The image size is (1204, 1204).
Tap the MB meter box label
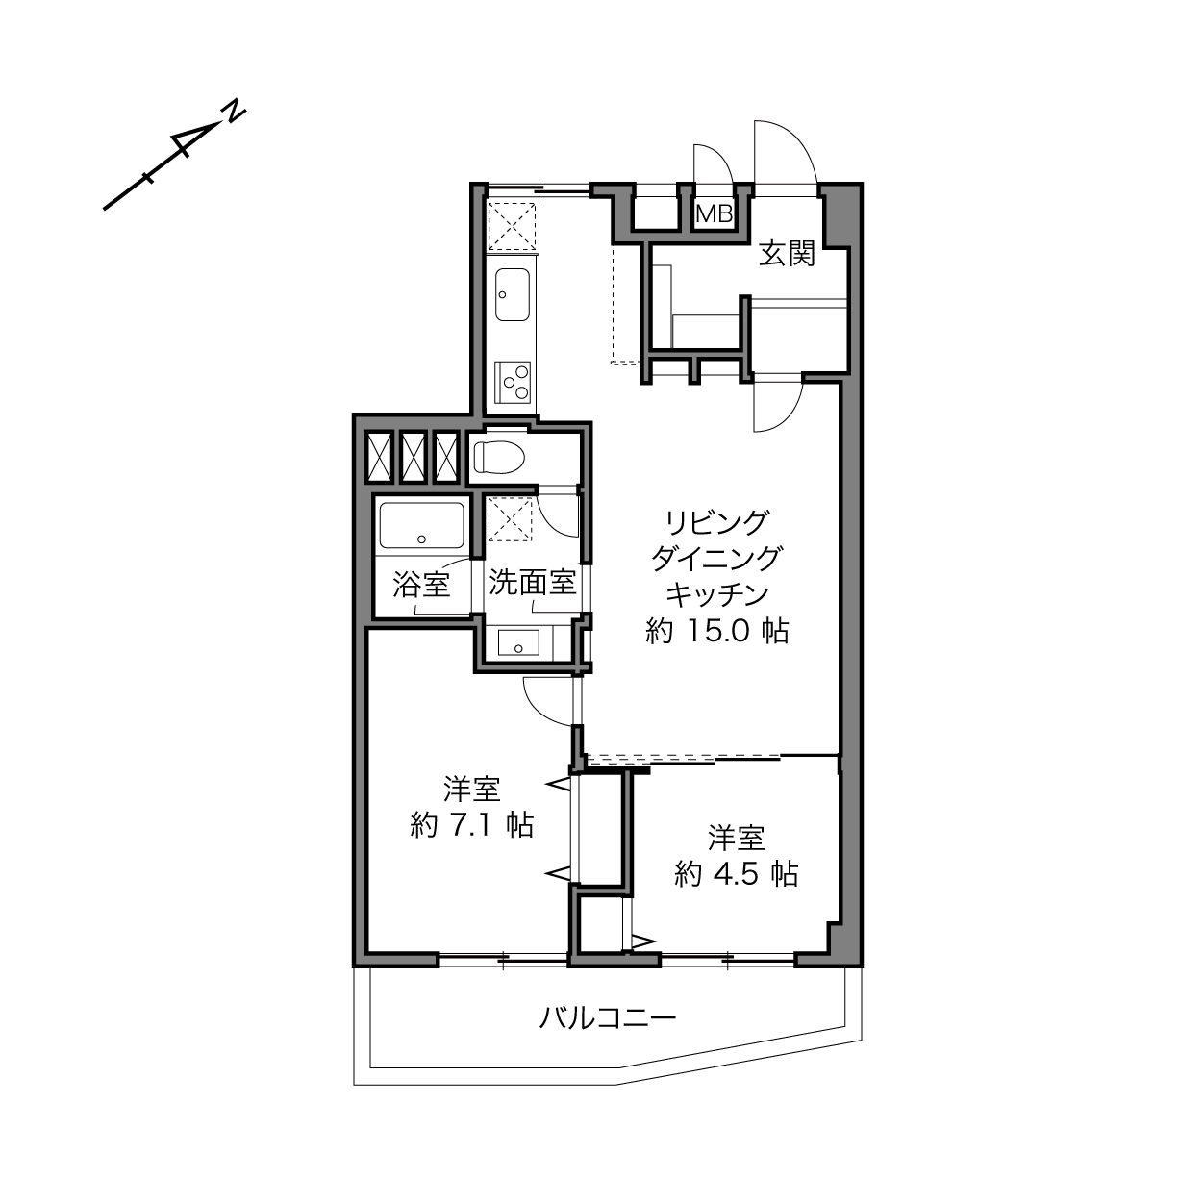(715, 214)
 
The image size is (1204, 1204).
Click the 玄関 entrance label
(788, 254)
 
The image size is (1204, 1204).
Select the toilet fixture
(498, 458)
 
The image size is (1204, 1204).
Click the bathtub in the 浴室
(422, 525)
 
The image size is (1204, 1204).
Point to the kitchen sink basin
(513, 295)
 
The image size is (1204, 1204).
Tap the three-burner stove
(513, 383)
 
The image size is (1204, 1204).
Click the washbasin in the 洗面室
(518, 643)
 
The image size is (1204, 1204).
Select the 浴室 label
(422, 585)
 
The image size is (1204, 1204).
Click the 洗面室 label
(533, 583)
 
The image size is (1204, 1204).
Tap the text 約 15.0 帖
(716, 632)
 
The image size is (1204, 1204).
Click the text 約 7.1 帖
(472, 825)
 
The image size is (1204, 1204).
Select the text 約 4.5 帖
(736, 873)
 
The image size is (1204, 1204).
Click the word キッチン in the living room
(716, 595)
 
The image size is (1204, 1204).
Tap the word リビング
(716, 522)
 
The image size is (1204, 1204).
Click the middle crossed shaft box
(413, 458)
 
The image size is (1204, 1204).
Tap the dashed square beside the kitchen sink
(512, 226)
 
